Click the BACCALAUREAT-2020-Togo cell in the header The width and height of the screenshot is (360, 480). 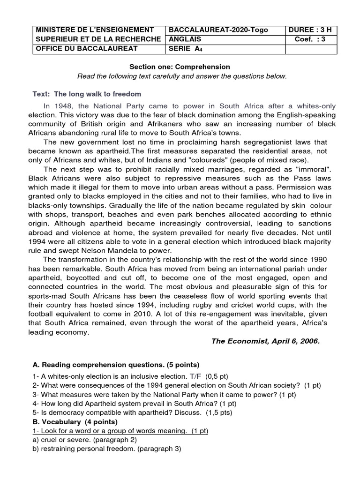(x=218, y=30)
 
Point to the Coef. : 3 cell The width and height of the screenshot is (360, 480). (x=309, y=39)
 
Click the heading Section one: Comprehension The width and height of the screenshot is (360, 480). (x=180, y=67)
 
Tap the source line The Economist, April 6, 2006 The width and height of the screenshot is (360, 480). (x=265, y=341)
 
